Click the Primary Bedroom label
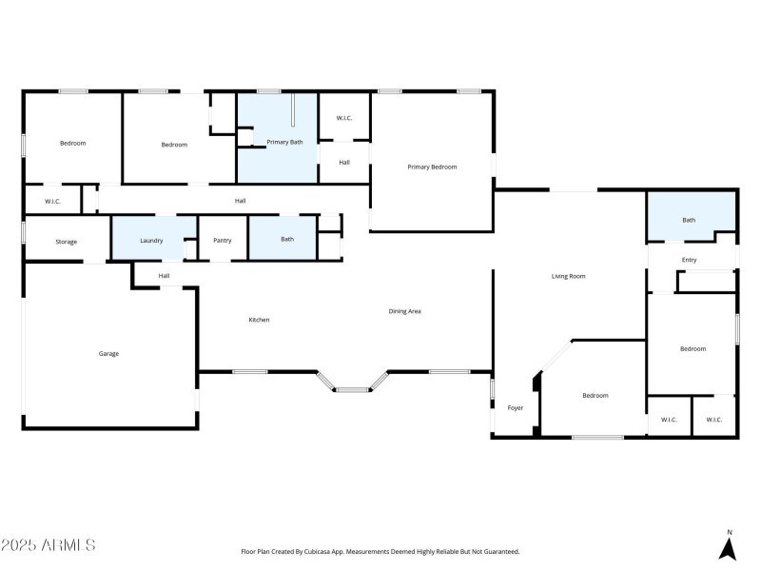point(432,167)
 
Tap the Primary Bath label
point(284,142)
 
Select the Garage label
point(108,353)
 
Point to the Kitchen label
point(259,320)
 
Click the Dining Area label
point(404,311)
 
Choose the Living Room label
point(568,276)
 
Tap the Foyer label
point(515,407)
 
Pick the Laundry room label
point(151,240)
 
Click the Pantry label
point(223,240)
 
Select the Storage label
point(66,242)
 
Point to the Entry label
point(689,260)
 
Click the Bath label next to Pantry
point(286,239)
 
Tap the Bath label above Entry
point(689,220)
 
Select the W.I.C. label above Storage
point(51,201)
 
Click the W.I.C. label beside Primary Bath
point(343,118)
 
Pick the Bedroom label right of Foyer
point(595,395)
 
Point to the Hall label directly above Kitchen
point(164,276)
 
